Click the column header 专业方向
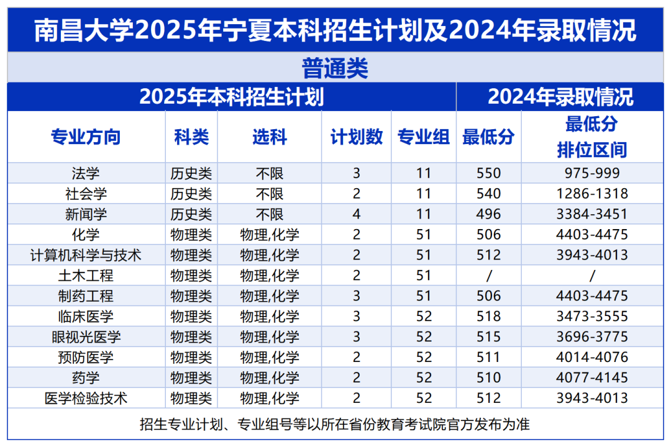click(x=86, y=137)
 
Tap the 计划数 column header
click(x=356, y=137)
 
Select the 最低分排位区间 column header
click(x=591, y=137)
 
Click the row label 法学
click(x=86, y=173)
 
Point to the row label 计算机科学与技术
click(x=86, y=255)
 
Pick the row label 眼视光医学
click(x=86, y=337)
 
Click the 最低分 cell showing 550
click(x=488, y=173)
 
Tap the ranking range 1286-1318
click(x=591, y=194)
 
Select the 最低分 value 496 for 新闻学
click(x=488, y=214)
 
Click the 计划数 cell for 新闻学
click(x=356, y=214)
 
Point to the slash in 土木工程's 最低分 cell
click(x=488, y=276)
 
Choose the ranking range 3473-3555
click(x=591, y=317)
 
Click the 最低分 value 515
click(x=488, y=337)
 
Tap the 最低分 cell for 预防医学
click(x=488, y=358)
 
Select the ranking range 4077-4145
click(x=591, y=378)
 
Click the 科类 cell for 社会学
click(x=191, y=194)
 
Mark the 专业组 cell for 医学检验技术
click(x=424, y=399)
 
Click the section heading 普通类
click(x=335, y=68)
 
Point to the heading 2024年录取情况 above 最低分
click(x=560, y=97)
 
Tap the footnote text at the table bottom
click(x=335, y=425)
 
